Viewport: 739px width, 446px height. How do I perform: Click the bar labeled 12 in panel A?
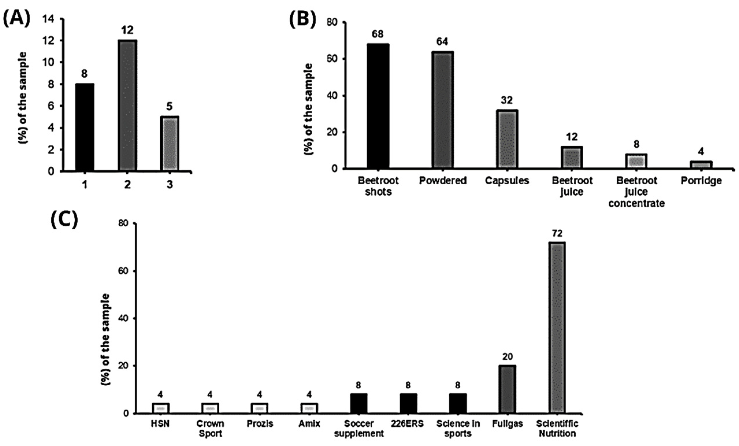point(127,105)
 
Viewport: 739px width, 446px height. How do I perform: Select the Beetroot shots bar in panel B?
point(378,106)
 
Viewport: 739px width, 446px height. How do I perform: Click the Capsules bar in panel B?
point(507,139)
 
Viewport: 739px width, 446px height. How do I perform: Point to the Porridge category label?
point(701,181)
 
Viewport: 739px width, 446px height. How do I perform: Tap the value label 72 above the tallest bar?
point(557,233)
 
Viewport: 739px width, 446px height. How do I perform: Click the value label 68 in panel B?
point(378,34)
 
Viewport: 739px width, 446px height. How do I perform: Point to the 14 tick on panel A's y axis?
point(48,19)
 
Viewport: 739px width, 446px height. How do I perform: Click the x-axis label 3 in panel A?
point(170,185)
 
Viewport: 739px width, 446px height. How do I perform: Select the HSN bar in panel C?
point(161,408)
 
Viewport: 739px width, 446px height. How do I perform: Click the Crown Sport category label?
point(210,429)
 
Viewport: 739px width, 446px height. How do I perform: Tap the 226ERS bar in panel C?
point(408,404)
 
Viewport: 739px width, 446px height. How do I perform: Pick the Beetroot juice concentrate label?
point(636,192)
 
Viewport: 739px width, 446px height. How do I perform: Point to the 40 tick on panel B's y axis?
point(333,96)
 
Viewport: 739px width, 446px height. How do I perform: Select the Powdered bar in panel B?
point(442,110)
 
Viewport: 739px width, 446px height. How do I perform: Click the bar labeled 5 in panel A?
point(170,144)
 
